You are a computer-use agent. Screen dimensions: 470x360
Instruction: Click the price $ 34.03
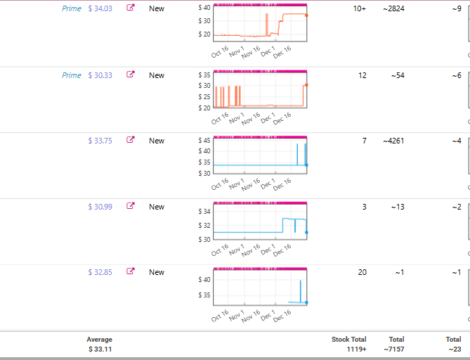click(x=100, y=8)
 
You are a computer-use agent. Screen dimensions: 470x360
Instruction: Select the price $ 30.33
click(x=100, y=75)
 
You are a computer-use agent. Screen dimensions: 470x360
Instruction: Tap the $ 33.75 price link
click(x=100, y=141)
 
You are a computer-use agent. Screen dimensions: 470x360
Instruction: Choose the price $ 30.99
click(x=100, y=207)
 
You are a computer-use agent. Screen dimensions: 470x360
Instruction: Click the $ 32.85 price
click(x=100, y=272)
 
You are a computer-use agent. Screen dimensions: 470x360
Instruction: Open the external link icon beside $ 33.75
click(x=131, y=139)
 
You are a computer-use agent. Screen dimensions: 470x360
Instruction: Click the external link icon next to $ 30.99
click(x=131, y=205)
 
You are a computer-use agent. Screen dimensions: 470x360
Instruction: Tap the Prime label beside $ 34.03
click(x=72, y=8)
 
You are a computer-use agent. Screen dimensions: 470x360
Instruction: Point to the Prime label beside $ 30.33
click(x=72, y=75)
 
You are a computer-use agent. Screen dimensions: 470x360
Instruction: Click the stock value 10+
click(x=360, y=8)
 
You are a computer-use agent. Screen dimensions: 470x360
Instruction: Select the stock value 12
click(x=363, y=75)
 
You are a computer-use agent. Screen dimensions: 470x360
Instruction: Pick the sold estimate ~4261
click(x=393, y=141)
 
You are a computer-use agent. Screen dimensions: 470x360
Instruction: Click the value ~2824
click(x=393, y=8)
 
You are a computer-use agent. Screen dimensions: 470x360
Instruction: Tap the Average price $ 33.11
click(x=100, y=349)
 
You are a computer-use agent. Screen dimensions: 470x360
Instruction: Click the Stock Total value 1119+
click(x=356, y=349)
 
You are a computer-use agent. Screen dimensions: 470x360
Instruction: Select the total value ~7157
click(x=394, y=349)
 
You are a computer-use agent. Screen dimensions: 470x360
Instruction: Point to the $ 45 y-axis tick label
click(x=204, y=140)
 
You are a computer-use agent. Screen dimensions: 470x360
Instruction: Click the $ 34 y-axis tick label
click(x=204, y=211)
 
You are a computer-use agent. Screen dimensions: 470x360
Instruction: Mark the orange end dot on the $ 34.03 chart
click(x=306, y=15)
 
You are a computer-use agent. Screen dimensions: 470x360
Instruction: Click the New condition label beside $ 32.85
click(x=157, y=272)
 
